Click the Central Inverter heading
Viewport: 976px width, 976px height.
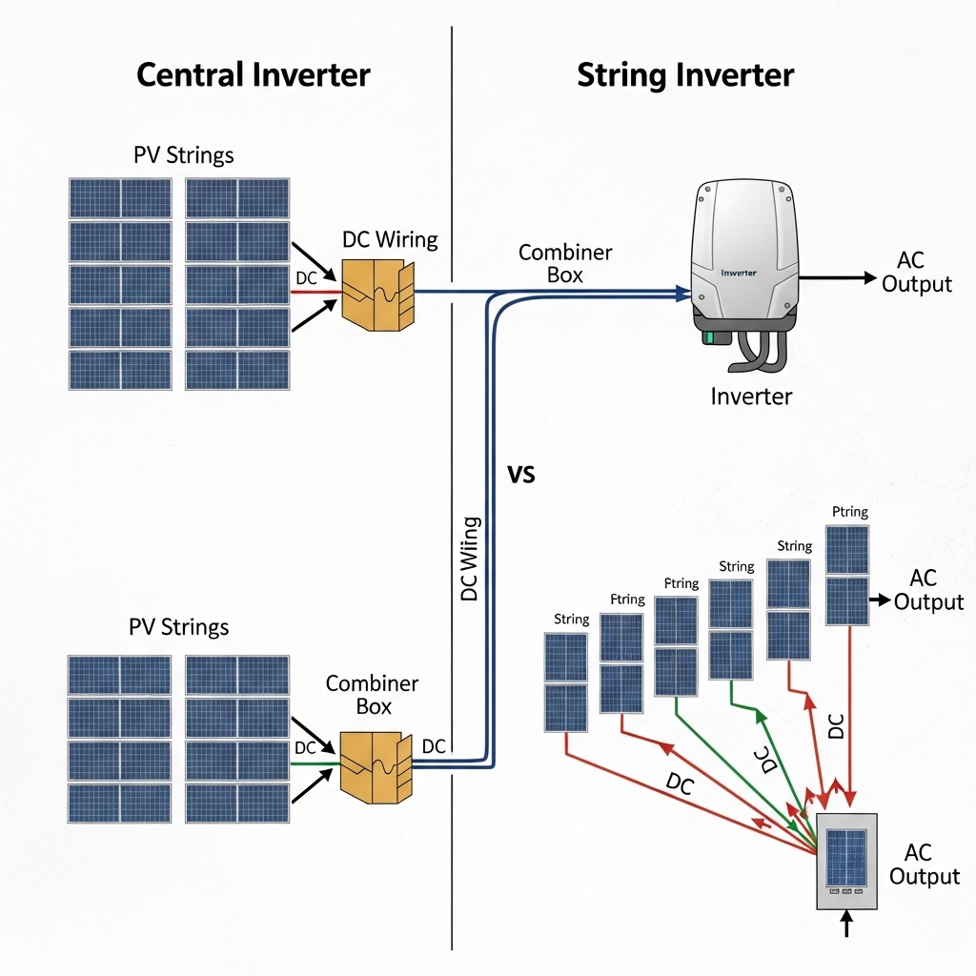click(253, 74)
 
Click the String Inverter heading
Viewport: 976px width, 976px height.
click(685, 75)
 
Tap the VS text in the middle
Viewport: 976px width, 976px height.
click(522, 474)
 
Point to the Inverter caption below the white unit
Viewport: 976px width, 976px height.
click(751, 396)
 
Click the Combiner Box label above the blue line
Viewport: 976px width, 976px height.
click(564, 263)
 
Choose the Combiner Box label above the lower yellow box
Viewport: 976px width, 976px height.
click(372, 695)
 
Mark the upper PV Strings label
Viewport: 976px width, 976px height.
click(184, 154)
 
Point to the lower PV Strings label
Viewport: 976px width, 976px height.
click(179, 627)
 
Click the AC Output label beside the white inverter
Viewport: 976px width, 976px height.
click(916, 272)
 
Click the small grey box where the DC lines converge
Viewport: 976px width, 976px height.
click(845, 862)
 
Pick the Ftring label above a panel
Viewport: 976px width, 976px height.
click(627, 600)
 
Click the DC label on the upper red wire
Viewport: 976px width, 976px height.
click(306, 277)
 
